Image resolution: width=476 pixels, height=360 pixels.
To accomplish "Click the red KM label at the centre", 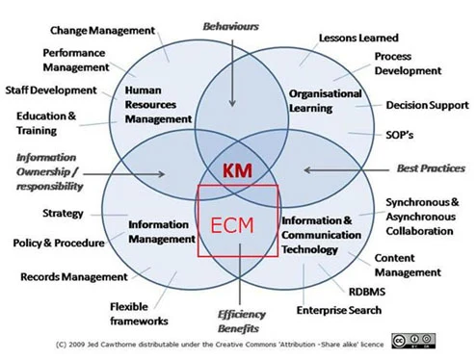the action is tap(237, 170).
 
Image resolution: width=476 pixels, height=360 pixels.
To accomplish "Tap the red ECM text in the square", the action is tap(232, 225).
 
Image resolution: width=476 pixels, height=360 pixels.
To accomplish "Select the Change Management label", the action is tap(102, 31).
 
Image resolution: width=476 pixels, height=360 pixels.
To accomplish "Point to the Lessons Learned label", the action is tap(358, 38).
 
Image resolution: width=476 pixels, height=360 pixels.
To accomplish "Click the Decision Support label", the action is tap(427, 105).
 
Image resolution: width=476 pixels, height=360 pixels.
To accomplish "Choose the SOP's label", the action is tap(399, 135).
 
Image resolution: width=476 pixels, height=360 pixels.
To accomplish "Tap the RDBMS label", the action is tap(367, 292).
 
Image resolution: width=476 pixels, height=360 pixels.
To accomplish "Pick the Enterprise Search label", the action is tap(339, 310).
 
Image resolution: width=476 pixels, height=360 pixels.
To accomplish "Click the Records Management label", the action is tap(74, 277).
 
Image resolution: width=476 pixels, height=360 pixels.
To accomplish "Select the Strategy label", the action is tap(63, 214).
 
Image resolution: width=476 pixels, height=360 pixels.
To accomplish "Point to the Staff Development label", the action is tap(51, 90).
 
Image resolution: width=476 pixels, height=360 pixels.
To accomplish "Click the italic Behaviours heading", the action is tap(230, 26).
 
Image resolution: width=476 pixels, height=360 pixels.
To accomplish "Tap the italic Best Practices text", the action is tap(431, 168).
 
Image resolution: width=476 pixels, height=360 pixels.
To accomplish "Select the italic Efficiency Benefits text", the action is tap(241, 321).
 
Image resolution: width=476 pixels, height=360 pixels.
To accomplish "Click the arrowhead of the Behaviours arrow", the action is tap(232, 103).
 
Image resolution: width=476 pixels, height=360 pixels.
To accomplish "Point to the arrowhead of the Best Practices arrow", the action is tap(307, 170).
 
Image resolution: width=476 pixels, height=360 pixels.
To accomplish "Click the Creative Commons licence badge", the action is tap(413, 341).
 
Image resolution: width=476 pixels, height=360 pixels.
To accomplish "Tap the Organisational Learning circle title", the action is tap(326, 101).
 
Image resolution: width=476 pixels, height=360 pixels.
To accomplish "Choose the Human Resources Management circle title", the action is tap(158, 105).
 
